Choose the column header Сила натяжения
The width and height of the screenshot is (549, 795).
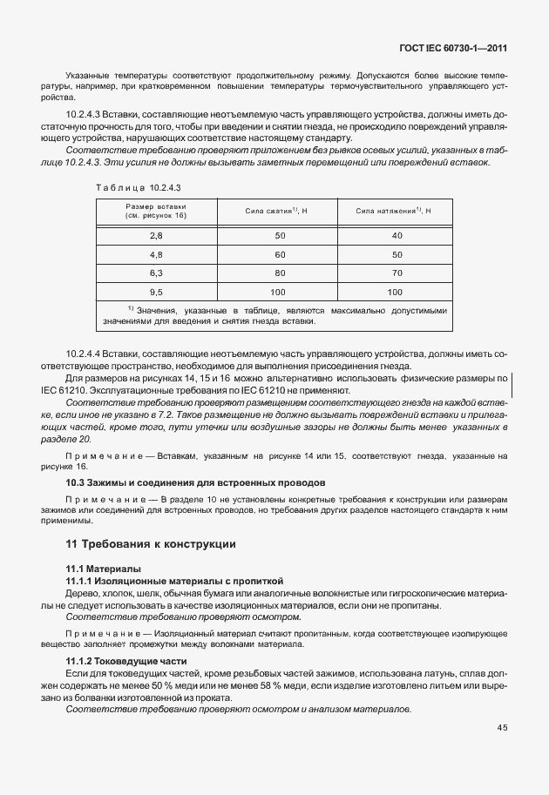click(x=394, y=211)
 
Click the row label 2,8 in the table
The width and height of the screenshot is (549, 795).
click(x=156, y=236)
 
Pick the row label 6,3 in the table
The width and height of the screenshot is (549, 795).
click(x=156, y=273)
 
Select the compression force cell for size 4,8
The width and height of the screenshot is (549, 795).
click(x=280, y=254)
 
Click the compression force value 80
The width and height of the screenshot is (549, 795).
click(x=280, y=273)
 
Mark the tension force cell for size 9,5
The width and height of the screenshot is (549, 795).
click(x=395, y=292)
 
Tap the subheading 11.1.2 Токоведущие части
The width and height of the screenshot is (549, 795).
click(x=132, y=661)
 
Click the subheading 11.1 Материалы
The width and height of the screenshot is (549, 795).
click(x=106, y=569)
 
